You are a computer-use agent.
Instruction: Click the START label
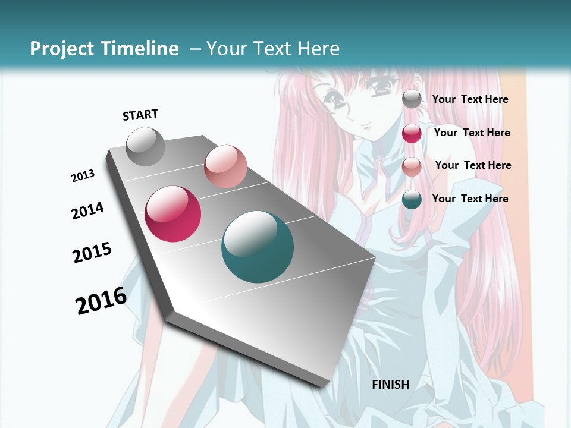[x=140, y=115]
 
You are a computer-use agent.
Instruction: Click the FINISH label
[x=391, y=385]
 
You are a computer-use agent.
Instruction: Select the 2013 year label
[x=83, y=176]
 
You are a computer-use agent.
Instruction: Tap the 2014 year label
[x=87, y=211]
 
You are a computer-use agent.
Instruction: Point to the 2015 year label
[x=92, y=253]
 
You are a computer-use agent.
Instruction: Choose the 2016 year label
[x=101, y=301]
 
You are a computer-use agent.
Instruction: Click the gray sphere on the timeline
[x=146, y=146]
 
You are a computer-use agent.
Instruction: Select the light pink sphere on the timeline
[x=225, y=166]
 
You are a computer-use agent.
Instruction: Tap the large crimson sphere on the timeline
[x=173, y=214]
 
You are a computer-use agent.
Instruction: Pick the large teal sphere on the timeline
[x=258, y=247]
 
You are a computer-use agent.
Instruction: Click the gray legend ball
[x=412, y=99]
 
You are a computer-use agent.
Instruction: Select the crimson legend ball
[x=412, y=133]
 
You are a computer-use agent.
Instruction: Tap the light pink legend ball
[x=412, y=166]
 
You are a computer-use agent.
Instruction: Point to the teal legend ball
[x=412, y=199]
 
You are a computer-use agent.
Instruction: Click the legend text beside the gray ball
[x=470, y=99]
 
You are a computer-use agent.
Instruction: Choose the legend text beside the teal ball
[x=470, y=199]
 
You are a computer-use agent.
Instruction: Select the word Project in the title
[x=62, y=49]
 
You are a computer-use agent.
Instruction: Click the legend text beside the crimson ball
[x=472, y=133]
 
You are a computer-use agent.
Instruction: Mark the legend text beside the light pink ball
[x=473, y=165]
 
